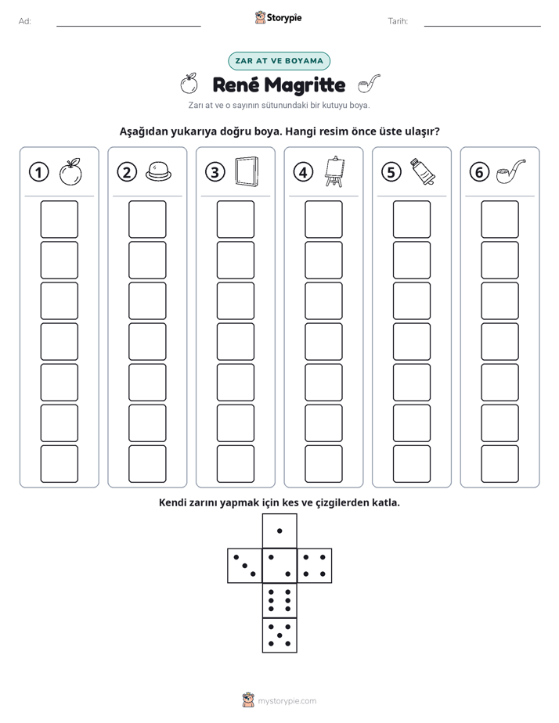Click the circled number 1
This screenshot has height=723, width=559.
[x=38, y=172]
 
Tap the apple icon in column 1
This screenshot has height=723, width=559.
[x=70, y=172]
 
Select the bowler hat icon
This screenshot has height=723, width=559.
[x=158, y=171]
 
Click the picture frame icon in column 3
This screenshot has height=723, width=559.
[x=247, y=171]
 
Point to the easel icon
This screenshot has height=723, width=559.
[x=335, y=171]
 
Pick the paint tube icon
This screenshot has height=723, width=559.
[x=423, y=171]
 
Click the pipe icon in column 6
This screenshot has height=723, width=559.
[x=510, y=171]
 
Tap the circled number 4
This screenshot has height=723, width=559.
[x=303, y=172]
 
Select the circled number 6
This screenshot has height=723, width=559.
[x=479, y=172]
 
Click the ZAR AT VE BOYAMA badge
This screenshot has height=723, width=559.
[x=279, y=61]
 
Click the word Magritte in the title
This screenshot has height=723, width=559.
[x=305, y=85]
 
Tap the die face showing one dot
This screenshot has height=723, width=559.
[x=279, y=531]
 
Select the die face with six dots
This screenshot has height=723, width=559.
[x=279, y=600]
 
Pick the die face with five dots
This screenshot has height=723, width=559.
[x=279, y=635]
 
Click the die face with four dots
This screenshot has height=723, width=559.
[x=315, y=566]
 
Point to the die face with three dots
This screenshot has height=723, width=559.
[x=245, y=566]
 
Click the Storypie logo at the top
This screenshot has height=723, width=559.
[x=279, y=17]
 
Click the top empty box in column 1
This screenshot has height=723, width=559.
[x=59, y=219]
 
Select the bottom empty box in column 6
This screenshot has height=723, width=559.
[x=500, y=464]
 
